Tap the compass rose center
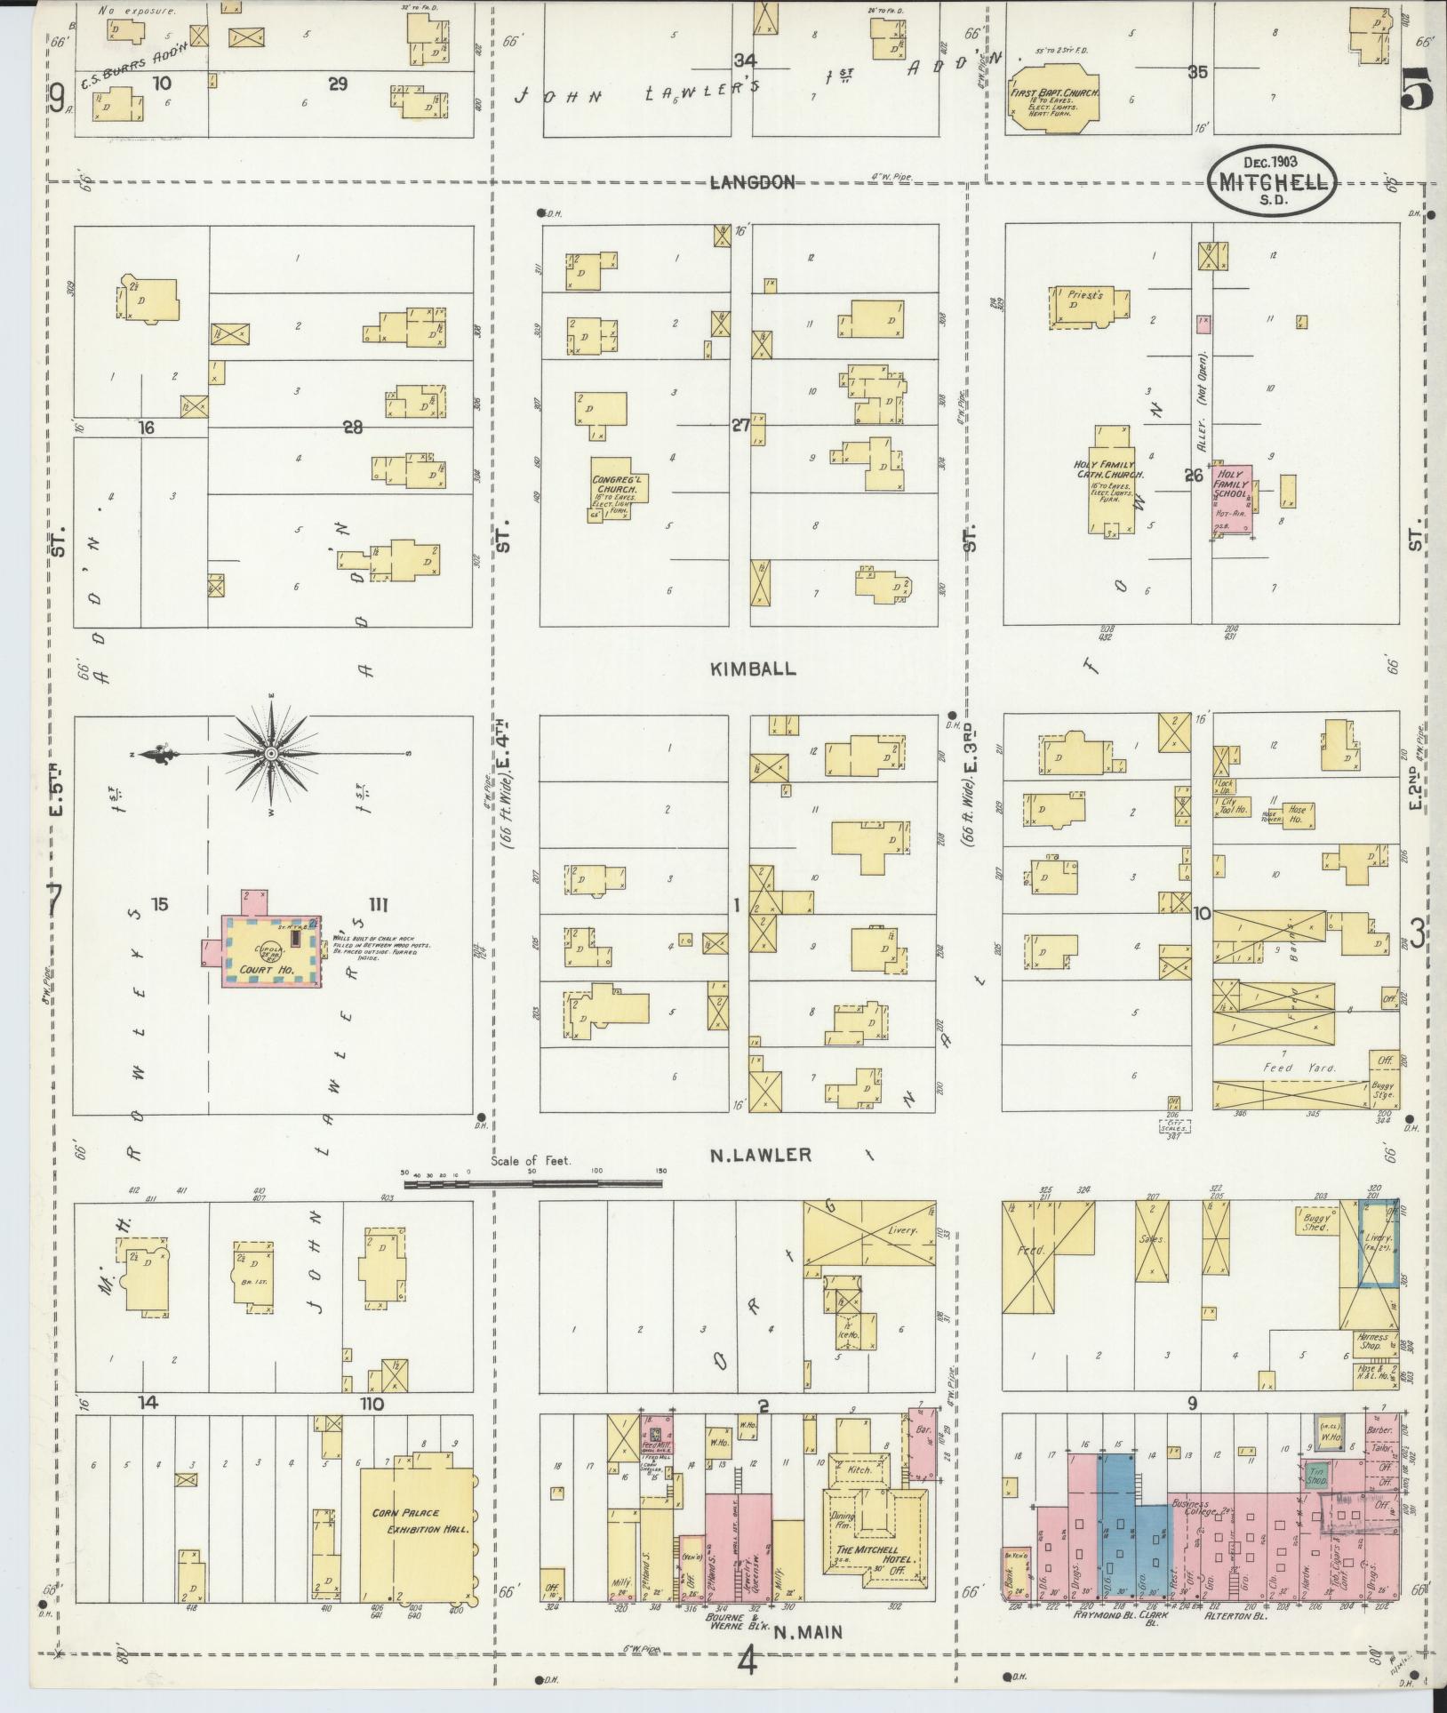[x=271, y=755]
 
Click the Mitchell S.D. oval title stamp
[x=1272, y=179]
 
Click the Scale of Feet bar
[x=533, y=1183]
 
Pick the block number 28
[x=353, y=428]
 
